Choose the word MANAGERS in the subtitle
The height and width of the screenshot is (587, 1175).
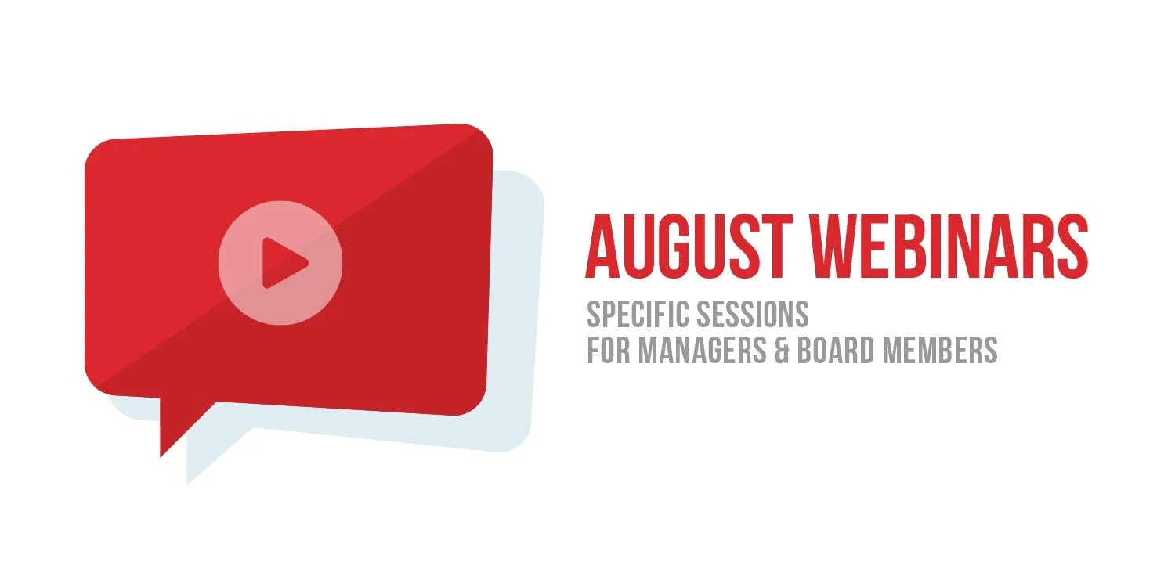(x=702, y=351)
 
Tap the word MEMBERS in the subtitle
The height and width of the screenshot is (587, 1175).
(x=941, y=351)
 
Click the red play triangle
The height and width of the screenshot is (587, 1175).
(x=283, y=262)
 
